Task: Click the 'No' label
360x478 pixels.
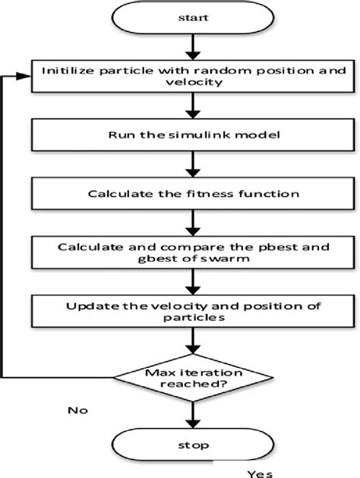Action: [77, 410]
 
